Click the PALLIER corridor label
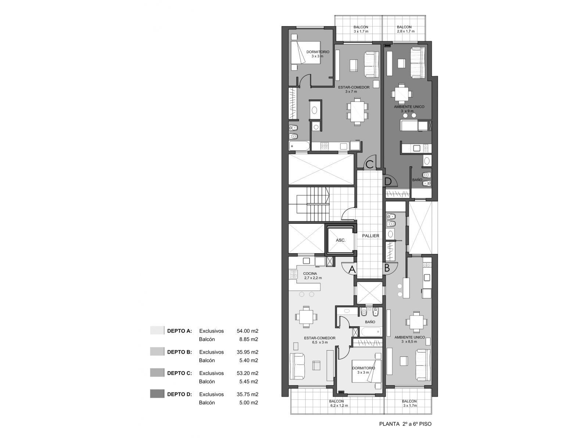(370, 236)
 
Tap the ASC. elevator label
(340, 240)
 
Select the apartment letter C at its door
(370, 164)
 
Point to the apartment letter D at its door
(388, 181)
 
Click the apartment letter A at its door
(352, 269)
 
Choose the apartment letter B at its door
(387, 268)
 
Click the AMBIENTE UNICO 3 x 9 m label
(409, 109)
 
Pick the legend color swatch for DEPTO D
(157, 394)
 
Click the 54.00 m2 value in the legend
(247, 331)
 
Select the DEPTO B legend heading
(179, 352)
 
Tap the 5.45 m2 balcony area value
(248, 381)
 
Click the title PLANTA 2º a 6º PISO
(405, 424)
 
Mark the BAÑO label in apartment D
(417, 180)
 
